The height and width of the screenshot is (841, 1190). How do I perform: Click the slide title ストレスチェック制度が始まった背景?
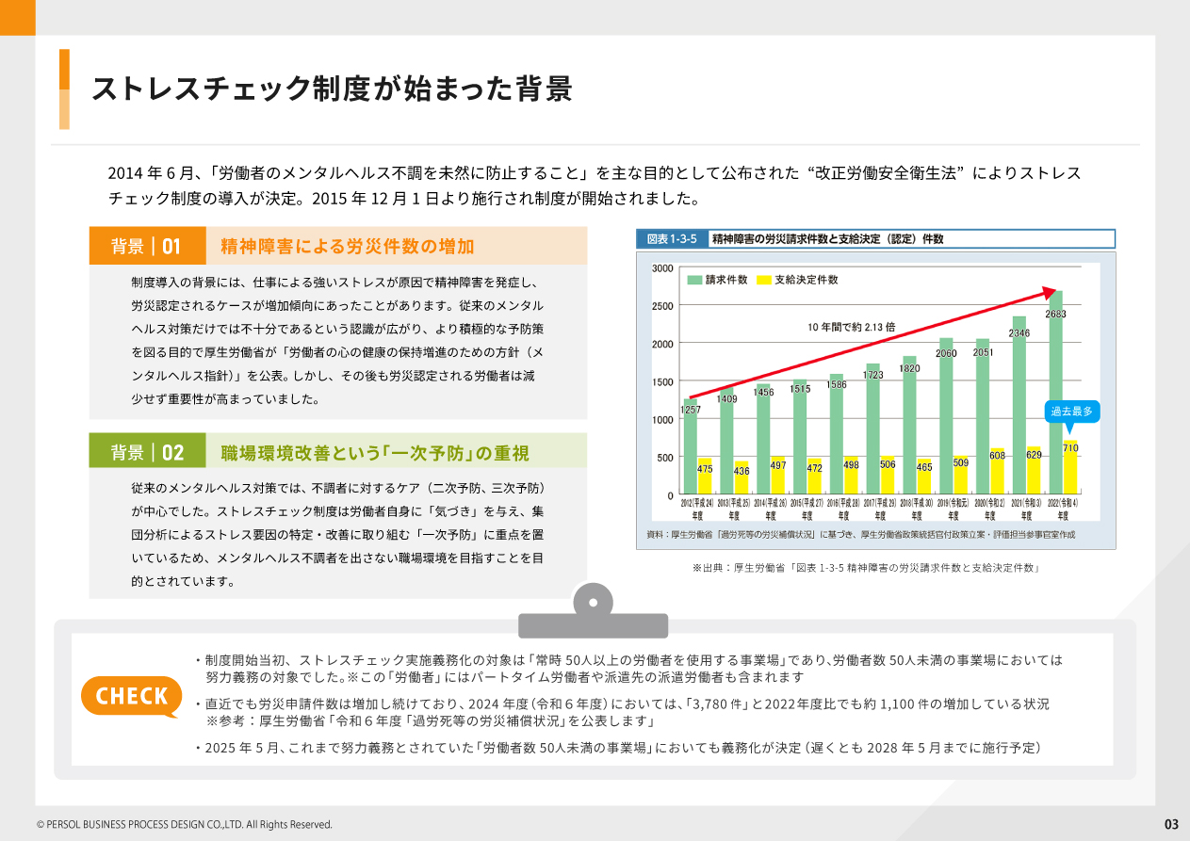[332, 89]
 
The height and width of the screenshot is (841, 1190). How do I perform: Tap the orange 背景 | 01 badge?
[147, 246]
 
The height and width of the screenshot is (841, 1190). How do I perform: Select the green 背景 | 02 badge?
[147, 452]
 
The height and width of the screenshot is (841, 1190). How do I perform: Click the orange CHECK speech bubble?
[132, 696]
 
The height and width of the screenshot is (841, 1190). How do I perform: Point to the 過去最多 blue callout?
[1071, 412]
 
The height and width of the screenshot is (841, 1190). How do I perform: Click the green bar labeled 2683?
[1055, 396]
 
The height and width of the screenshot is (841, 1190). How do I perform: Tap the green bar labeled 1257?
[691, 452]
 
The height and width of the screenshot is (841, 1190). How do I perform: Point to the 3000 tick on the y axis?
[662, 268]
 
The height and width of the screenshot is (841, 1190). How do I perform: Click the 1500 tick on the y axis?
[662, 381]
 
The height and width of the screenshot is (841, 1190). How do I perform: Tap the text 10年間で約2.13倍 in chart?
[851, 327]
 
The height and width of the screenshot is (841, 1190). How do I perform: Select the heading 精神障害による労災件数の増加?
[347, 247]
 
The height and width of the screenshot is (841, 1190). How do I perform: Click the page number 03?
[1171, 824]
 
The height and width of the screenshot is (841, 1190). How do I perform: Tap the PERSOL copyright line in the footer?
[185, 825]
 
